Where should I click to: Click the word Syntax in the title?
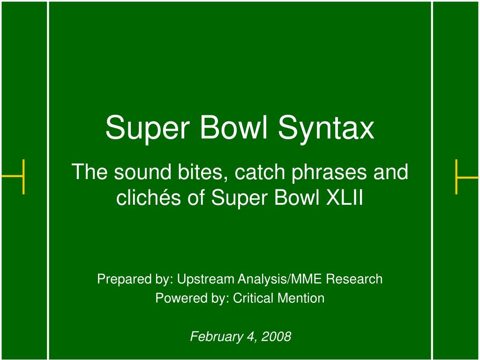pyautogui.click(x=326, y=128)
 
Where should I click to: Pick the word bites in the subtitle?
pyautogui.click(x=203, y=172)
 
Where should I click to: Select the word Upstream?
pyautogui.click(x=206, y=279)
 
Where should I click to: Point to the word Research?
pyautogui.click(x=354, y=279)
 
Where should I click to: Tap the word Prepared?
pyautogui.click(x=123, y=279)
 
